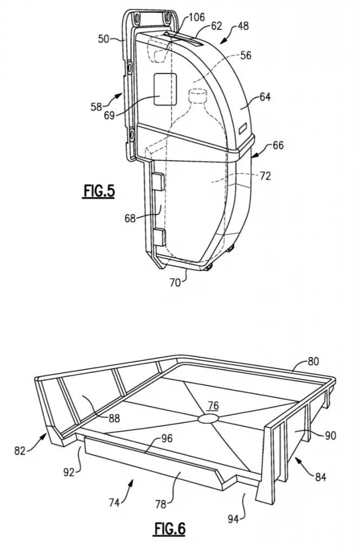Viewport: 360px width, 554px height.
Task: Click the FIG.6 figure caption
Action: [x=169, y=529]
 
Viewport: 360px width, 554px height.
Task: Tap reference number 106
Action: [x=197, y=17]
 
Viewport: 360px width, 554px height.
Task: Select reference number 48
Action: [x=243, y=26]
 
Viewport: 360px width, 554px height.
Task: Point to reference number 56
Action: [x=246, y=55]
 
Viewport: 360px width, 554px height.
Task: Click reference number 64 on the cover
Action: [x=265, y=96]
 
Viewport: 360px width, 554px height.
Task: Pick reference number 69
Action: [x=109, y=115]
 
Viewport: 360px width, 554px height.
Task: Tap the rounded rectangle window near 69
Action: [x=165, y=89]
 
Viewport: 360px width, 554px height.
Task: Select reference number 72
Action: [x=265, y=176]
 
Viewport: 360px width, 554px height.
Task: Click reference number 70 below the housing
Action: [x=176, y=282]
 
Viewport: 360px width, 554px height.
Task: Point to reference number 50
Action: [x=104, y=38]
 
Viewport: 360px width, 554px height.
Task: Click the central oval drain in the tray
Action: [x=208, y=418]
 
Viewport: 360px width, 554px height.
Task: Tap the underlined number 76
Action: [x=213, y=406]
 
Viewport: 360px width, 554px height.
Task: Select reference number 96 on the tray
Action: [x=167, y=438]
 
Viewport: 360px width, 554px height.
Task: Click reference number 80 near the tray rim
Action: [x=314, y=361]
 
